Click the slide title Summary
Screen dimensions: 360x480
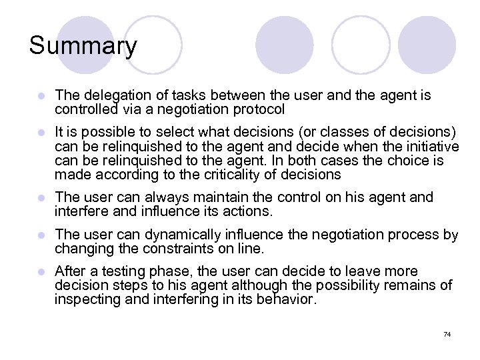[x=83, y=46]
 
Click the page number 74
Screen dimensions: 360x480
[x=447, y=333]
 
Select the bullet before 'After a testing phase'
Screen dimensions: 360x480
[x=41, y=272]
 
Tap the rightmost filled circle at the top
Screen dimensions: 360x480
[x=431, y=45]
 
